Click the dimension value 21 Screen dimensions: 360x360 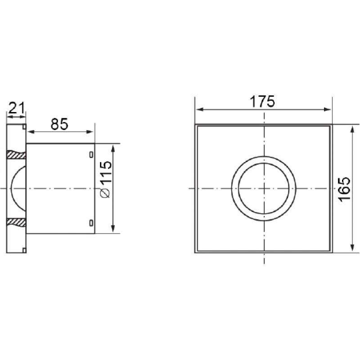[16, 108]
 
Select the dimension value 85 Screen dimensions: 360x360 [59, 124]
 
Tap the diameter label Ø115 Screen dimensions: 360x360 [106, 179]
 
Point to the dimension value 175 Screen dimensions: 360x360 [262, 102]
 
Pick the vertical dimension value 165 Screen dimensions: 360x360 [345, 189]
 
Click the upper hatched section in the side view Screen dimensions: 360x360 [16, 155]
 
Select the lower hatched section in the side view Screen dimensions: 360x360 [16, 222]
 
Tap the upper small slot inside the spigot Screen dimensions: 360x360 [91, 155]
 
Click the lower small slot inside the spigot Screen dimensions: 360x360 [91, 223]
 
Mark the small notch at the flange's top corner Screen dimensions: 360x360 [24, 126]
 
